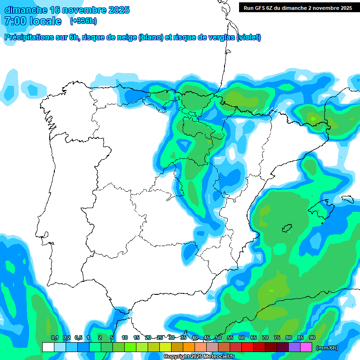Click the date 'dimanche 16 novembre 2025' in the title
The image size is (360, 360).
tap(67, 10)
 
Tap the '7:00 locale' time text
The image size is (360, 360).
tap(33, 21)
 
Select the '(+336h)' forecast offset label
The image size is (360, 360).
tap(83, 21)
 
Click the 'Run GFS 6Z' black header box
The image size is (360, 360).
tap(298, 7)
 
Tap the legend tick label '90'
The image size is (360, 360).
tap(312, 337)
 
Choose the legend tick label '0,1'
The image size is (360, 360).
tap(54, 337)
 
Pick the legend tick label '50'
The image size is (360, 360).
tap(218, 337)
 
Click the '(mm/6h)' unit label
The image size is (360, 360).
tap(327, 348)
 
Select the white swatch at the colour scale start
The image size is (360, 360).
tap(48, 347)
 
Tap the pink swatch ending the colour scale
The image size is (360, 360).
tap(306, 347)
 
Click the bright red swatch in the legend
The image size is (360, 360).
tap(247, 347)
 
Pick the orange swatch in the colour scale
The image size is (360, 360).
tap(189, 347)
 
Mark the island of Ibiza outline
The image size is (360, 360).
tap(287, 228)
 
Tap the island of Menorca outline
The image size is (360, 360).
tap(347, 199)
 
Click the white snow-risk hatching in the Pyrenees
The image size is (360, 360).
tap(270, 110)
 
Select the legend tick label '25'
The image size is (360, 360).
tap(160, 337)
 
